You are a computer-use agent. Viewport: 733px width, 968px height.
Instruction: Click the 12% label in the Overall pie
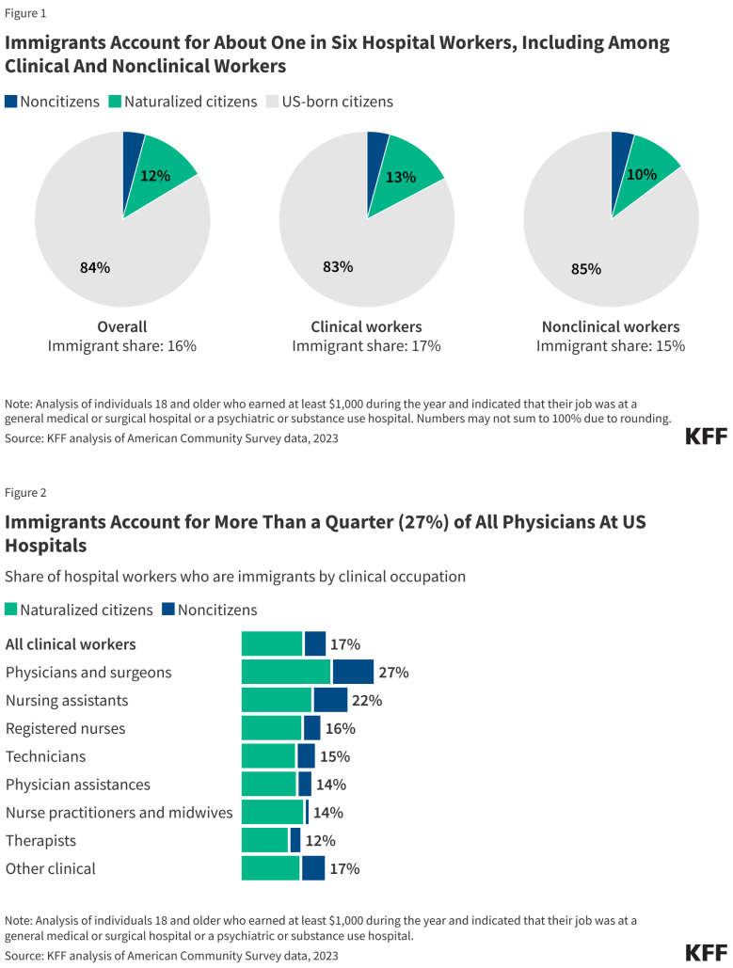(x=155, y=175)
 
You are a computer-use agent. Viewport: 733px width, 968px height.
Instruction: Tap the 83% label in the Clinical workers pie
(x=338, y=266)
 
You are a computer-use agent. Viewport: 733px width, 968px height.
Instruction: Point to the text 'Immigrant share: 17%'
(x=366, y=345)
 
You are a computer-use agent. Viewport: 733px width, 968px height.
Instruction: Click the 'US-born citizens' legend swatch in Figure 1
(x=274, y=102)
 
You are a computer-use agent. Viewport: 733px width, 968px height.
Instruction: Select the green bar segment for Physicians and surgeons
(x=286, y=672)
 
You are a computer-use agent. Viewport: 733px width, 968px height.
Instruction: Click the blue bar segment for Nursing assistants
(x=330, y=700)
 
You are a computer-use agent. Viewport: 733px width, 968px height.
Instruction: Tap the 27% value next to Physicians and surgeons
(x=394, y=673)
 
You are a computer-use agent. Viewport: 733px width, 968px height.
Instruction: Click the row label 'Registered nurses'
(x=65, y=728)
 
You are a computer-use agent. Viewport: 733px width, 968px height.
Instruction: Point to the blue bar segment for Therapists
(x=295, y=840)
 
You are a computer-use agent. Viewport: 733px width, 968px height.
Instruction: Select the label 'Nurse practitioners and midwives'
(x=119, y=812)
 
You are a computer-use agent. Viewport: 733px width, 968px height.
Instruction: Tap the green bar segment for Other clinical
(x=270, y=868)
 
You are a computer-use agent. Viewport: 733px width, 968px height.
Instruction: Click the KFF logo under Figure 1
(x=706, y=436)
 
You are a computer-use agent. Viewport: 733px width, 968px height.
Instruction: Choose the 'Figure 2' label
(x=25, y=492)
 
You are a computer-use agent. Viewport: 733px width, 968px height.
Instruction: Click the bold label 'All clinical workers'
(x=71, y=644)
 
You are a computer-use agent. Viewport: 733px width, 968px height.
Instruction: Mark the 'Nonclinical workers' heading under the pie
(x=611, y=326)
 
